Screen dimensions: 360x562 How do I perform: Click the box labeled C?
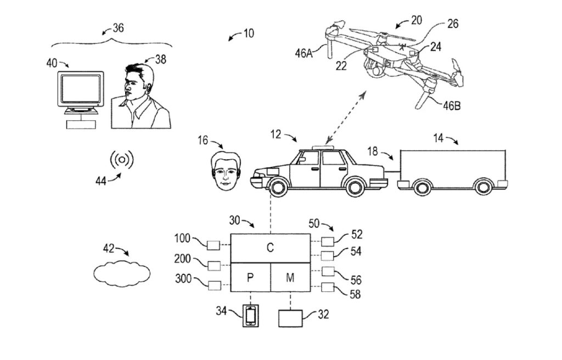[x=270, y=248]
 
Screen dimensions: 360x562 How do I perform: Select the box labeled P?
[x=250, y=277]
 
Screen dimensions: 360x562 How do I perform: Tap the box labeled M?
[x=290, y=277]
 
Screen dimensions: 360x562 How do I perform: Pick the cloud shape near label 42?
[x=121, y=272]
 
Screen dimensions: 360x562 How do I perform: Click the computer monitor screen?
[x=81, y=88]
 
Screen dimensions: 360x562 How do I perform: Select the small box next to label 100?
[x=213, y=244]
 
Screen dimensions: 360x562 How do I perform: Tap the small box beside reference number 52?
[x=328, y=241]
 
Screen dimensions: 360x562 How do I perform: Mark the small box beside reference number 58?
[x=328, y=286]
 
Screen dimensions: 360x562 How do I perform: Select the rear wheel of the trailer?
[x=482, y=187]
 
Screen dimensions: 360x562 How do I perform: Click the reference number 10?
[x=248, y=33]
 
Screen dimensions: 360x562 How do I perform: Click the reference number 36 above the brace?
[x=118, y=28]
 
